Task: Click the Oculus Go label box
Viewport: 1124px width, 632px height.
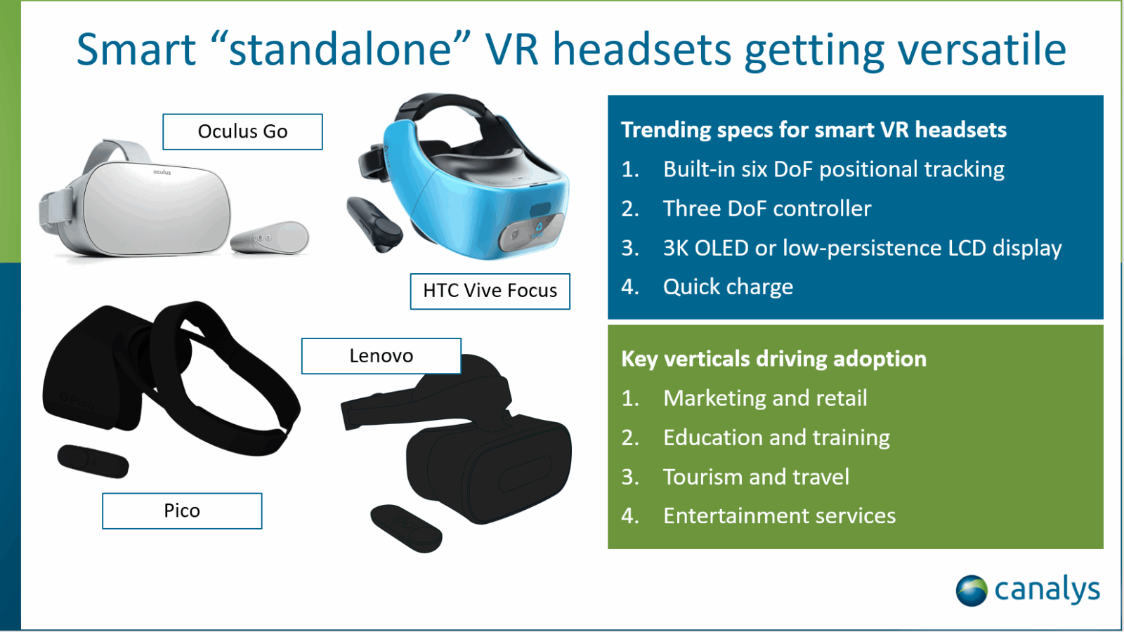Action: [x=242, y=131]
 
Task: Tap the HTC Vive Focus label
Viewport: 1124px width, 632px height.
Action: [x=490, y=291]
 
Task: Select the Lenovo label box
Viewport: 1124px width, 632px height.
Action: [x=381, y=355]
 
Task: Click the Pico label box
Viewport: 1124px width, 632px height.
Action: [x=182, y=511]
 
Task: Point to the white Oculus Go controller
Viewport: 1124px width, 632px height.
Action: [x=270, y=237]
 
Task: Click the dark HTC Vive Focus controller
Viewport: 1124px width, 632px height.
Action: [x=374, y=224]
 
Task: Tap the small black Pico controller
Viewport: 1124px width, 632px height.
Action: [x=93, y=461]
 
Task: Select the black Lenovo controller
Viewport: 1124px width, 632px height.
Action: [x=406, y=528]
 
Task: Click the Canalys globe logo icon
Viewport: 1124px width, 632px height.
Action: [x=972, y=591]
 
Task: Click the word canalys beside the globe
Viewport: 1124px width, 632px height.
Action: [x=1047, y=590]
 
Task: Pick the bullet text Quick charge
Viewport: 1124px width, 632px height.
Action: [x=728, y=287]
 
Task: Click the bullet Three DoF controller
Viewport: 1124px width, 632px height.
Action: [x=767, y=208]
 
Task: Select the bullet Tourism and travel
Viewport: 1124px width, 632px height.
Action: [x=756, y=477]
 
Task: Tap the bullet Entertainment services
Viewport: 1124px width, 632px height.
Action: [x=779, y=515]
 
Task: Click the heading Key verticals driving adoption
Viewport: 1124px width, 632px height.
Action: [x=773, y=359]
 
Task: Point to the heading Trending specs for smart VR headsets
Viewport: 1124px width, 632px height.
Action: [x=814, y=130]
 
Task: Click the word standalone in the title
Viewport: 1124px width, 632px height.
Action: [x=340, y=49]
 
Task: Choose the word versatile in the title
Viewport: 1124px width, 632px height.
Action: [x=981, y=49]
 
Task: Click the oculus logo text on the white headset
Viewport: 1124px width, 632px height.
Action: [x=162, y=172]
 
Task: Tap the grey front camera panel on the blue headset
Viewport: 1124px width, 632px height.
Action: [x=530, y=232]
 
